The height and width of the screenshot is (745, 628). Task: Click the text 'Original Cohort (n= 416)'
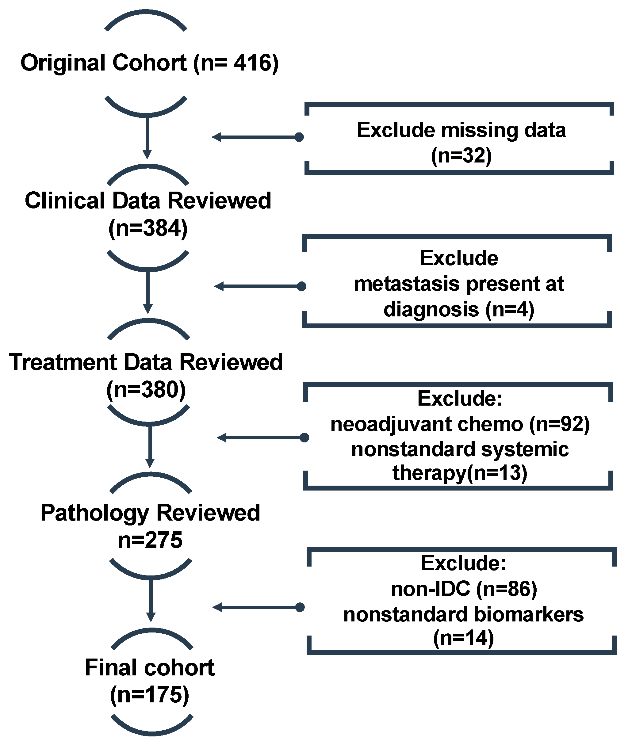coord(150,63)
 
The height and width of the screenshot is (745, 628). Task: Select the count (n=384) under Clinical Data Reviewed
coord(148,228)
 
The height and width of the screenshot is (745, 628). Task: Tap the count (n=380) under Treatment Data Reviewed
coord(146,390)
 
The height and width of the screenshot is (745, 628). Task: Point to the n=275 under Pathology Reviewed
coord(150,540)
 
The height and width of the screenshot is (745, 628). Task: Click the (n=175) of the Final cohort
coord(150,694)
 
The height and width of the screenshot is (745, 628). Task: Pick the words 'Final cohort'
coord(150,667)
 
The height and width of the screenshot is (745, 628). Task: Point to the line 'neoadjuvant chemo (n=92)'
coord(460,424)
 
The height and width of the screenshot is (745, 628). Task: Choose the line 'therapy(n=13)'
coord(460,473)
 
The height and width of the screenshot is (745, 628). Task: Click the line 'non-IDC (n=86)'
coord(464,589)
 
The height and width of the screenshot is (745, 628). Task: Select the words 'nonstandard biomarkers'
coord(464,615)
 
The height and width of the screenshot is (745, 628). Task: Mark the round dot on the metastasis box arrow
coord(301,286)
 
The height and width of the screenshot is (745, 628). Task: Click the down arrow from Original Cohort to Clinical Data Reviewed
coord(147,137)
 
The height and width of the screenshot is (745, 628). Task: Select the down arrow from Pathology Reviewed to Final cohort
coord(151,600)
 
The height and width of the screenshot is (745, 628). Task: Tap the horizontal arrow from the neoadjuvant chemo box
coord(262,437)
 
